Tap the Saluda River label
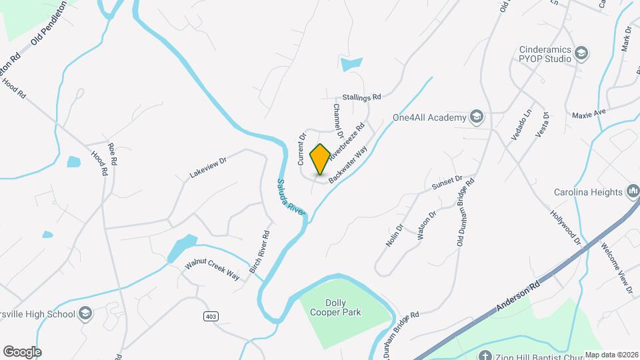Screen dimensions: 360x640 pos(291,197)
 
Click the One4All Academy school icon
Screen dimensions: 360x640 pos(476,118)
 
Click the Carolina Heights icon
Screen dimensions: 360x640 pos(633,192)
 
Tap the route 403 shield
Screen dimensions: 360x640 pos(211,316)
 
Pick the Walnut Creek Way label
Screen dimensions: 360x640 pos(212,269)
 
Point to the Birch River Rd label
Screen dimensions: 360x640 pos(259,252)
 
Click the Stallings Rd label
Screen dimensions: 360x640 pos(361,97)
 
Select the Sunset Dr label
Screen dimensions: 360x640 pos(447,182)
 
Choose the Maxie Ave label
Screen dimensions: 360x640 pos(589,114)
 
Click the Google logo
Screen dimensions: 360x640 pos(22,351)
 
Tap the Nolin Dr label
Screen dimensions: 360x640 pos(395,235)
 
